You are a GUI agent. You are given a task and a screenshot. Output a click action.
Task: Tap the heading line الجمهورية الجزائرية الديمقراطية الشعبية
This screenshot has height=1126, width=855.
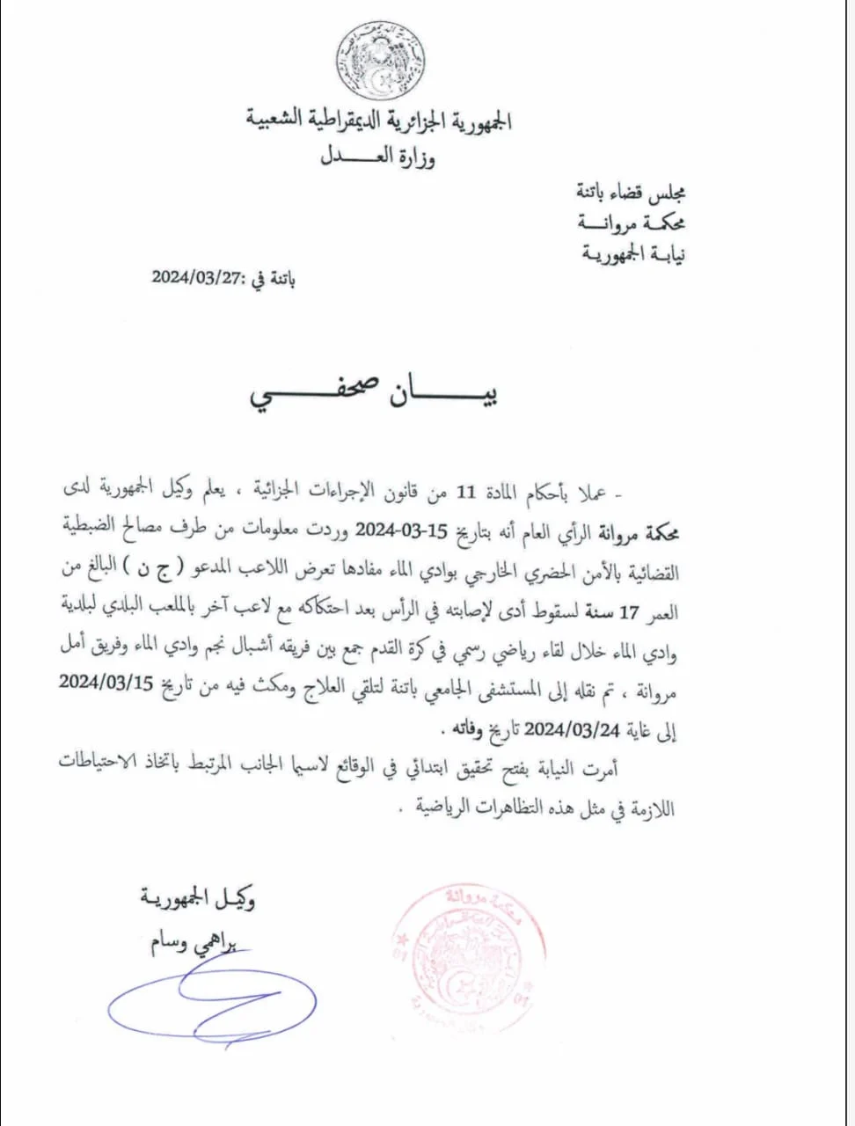point(380,120)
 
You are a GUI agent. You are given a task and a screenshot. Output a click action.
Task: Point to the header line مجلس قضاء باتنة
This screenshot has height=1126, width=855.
point(631,191)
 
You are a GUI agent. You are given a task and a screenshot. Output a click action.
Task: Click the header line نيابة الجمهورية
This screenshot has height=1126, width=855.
point(633,253)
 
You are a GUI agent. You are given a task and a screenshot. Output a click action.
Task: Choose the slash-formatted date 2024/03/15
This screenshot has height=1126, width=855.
point(106,684)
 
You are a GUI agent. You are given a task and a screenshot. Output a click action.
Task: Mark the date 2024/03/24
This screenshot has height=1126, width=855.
point(572,728)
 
